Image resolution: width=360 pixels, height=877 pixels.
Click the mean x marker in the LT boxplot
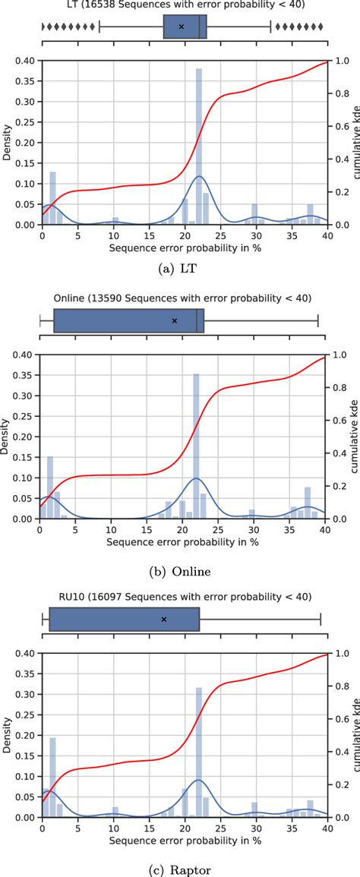point(181,27)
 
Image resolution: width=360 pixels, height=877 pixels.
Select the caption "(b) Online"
point(181,571)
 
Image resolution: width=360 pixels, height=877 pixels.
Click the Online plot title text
point(182,298)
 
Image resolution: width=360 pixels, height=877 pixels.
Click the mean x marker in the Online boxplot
point(174,320)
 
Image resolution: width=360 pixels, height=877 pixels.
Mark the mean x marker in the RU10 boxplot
point(164,619)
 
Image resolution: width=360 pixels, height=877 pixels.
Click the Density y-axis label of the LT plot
point(8,142)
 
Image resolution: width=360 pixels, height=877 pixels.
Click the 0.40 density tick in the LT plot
point(27,61)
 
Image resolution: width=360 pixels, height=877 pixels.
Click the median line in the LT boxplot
point(199,27)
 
